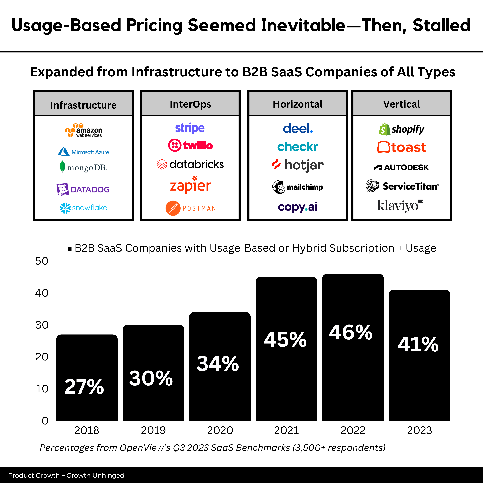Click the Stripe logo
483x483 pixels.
(190, 128)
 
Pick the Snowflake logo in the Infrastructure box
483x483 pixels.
(83, 208)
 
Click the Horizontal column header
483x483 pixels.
(298, 104)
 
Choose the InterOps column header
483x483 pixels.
(190, 104)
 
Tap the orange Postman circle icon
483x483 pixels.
(173, 208)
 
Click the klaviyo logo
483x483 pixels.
(400, 206)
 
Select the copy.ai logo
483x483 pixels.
(298, 207)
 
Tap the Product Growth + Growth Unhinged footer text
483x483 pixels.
(66, 475)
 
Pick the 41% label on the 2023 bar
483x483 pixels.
(418, 344)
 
